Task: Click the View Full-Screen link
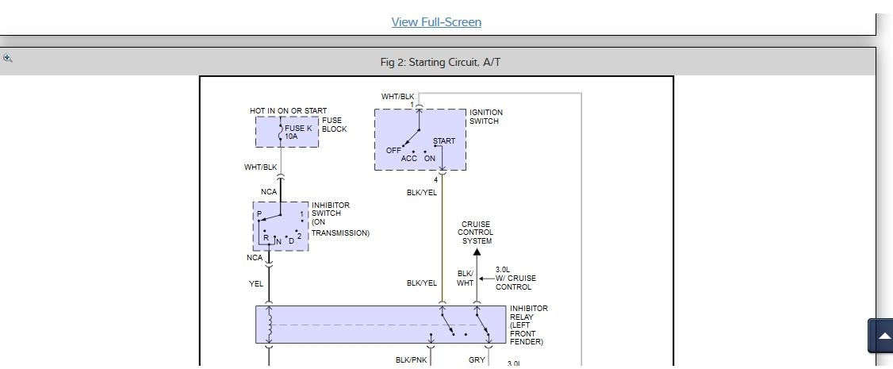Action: (x=436, y=22)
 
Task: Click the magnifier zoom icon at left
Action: (x=7, y=58)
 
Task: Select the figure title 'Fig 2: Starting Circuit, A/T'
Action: (x=440, y=62)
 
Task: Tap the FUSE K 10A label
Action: (x=298, y=132)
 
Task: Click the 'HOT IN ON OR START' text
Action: (x=288, y=111)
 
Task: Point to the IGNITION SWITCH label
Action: (x=485, y=117)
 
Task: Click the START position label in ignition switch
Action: (x=444, y=141)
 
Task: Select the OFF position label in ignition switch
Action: (x=393, y=150)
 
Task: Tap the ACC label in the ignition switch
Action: (x=408, y=159)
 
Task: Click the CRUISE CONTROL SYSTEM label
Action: (x=475, y=233)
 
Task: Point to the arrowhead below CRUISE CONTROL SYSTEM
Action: (x=477, y=253)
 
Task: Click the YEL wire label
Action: (x=256, y=283)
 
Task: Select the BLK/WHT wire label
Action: (x=466, y=279)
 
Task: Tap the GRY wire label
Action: (x=477, y=359)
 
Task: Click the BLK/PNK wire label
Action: (x=411, y=360)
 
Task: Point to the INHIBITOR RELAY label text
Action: (x=528, y=325)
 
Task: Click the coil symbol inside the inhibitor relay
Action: (x=270, y=325)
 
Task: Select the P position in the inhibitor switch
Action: (x=259, y=214)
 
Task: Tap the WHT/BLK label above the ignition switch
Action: (x=397, y=97)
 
